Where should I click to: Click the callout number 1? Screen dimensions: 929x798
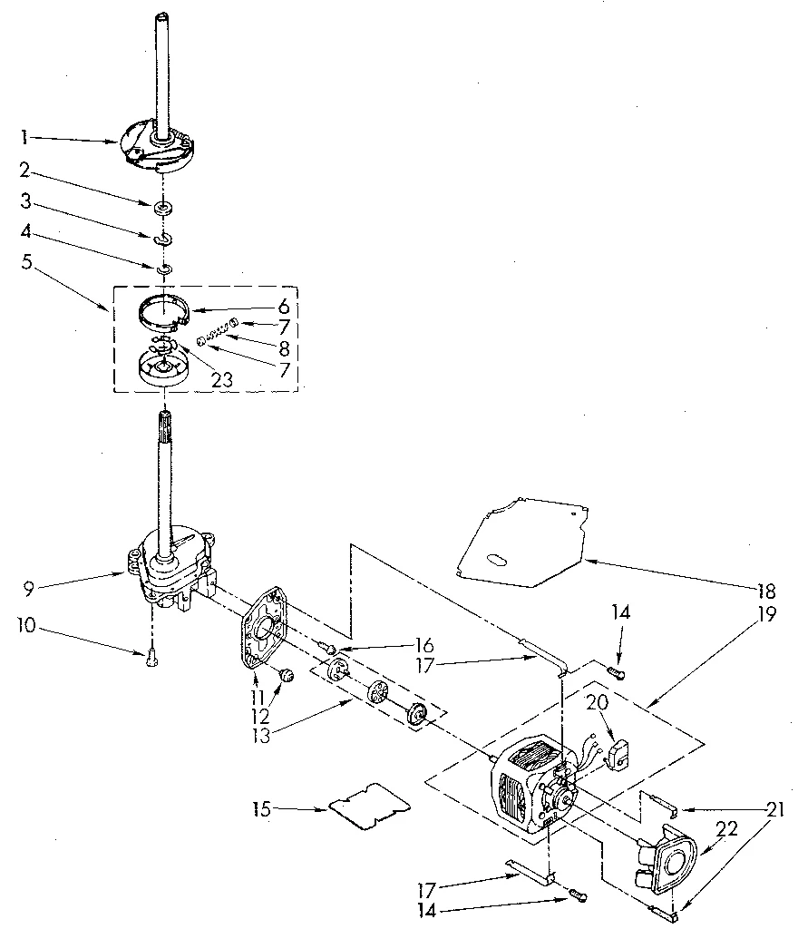24,138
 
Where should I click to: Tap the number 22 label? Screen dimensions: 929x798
725,829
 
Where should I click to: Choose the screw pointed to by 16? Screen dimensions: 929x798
328,649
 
